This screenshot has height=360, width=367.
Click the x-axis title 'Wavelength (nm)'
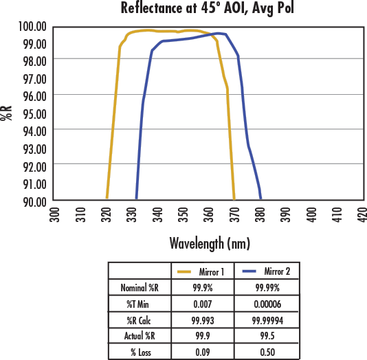(x=210, y=243)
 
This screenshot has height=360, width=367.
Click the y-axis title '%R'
(x=7, y=113)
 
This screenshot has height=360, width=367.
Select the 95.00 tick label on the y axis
(x=32, y=113)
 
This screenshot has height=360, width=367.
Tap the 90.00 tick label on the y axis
(x=32, y=201)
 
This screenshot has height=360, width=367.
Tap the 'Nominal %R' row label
(x=140, y=288)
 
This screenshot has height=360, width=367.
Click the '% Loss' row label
(x=140, y=352)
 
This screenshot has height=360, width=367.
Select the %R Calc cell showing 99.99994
(x=267, y=320)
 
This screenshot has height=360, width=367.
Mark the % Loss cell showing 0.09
(x=203, y=352)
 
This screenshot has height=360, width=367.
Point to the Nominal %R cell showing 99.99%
(x=267, y=288)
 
